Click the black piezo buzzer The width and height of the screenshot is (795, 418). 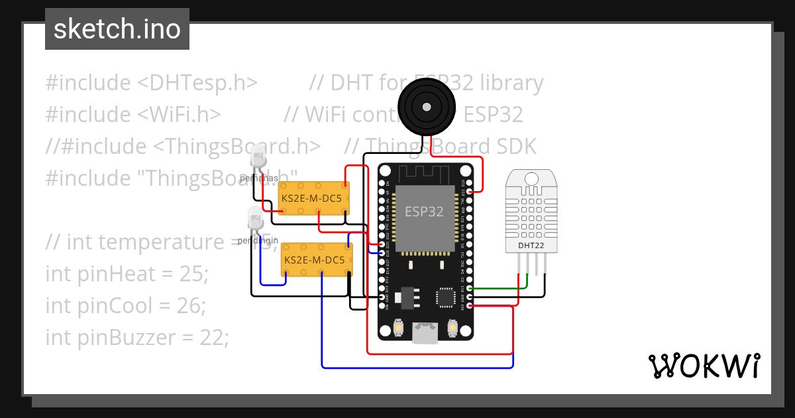(x=427, y=106)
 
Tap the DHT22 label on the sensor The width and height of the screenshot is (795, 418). (x=531, y=245)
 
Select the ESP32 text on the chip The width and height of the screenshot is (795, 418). (x=424, y=212)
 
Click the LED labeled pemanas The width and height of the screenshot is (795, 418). (x=258, y=159)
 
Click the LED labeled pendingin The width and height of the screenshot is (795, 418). (x=254, y=218)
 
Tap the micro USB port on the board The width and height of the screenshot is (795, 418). (x=425, y=333)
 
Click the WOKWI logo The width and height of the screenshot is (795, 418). (x=704, y=366)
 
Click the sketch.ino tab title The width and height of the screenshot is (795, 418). (x=117, y=29)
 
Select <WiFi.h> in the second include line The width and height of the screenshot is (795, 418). (x=180, y=115)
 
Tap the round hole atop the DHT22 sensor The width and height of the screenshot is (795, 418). (x=531, y=178)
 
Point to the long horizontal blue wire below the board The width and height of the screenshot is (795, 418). (x=417, y=366)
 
